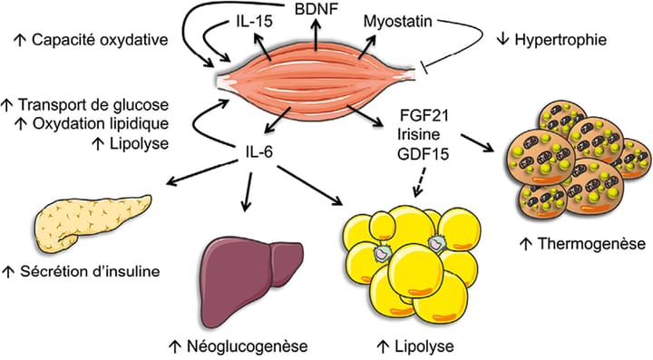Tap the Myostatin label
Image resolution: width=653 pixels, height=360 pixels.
(x=395, y=19)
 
